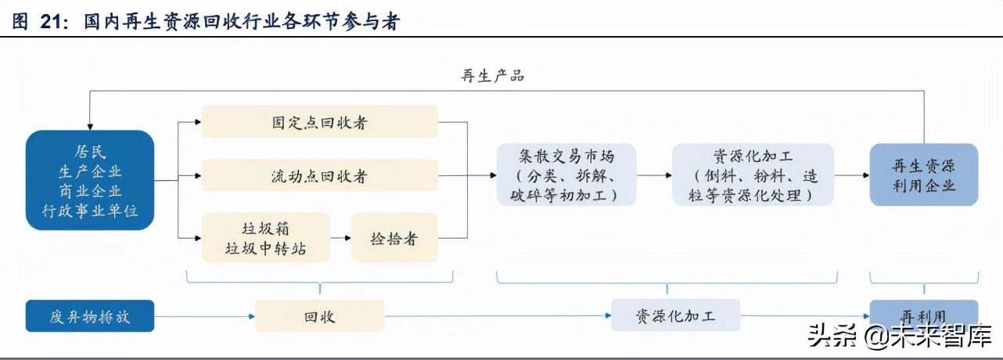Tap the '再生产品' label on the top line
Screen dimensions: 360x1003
pyautogui.click(x=492, y=76)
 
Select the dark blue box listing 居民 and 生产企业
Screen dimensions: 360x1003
pyautogui.click(x=90, y=180)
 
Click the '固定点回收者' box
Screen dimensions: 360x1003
pyautogui.click(x=319, y=122)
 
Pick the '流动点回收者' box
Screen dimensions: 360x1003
pyautogui.click(x=319, y=176)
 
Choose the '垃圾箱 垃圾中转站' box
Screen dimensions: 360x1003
pyautogui.click(x=266, y=238)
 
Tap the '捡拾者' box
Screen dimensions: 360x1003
pyautogui.click(x=394, y=238)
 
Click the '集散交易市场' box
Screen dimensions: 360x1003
pyautogui.click(x=566, y=175)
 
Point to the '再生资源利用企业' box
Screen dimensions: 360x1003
pyautogui.click(x=924, y=175)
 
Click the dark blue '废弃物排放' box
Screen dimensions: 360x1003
pyautogui.click(x=90, y=316)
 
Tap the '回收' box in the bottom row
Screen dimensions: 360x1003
pyautogui.click(x=319, y=316)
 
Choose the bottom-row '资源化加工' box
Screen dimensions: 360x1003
pyautogui.click(x=674, y=316)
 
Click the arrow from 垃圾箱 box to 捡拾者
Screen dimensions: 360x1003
pyautogui.click(x=340, y=238)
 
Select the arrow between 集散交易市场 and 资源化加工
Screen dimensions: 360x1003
pyautogui.click(x=654, y=175)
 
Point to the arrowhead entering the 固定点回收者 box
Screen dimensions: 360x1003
pyautogui.click(x=197, y=122)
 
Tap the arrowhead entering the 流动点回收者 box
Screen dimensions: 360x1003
pyautogui.click(x=197, y=176)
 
